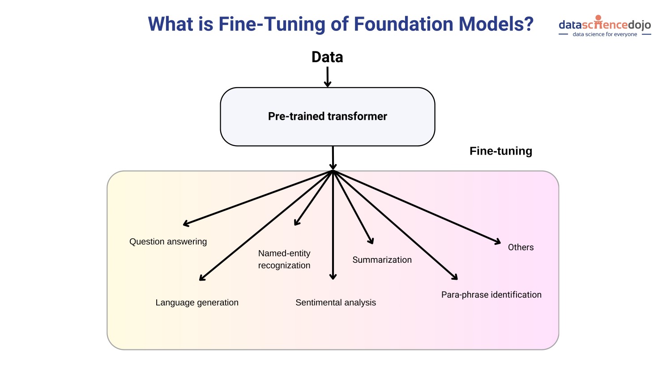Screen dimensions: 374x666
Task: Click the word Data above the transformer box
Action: click(x=327, y=57)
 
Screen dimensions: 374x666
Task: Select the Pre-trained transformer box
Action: click(x=327, y=117)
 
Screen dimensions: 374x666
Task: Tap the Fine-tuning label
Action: click(x=500, y=151)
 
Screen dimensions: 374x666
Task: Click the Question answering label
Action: click(x=168, y=242)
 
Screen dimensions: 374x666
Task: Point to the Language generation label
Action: click(x=197, y=303)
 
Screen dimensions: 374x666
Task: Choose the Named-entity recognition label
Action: click(x=284, y=259)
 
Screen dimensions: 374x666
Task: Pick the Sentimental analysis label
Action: click(x=336, y=303)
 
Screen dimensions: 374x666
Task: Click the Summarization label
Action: click(x=382, y=260)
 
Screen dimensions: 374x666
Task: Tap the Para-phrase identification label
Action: click(x=491, y=295)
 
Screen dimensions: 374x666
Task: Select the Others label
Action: click(x=521, y=248)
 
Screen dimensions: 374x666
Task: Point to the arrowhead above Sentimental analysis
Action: click(x=333, y=277)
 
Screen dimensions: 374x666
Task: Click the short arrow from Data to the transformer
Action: click(x=328, y=76)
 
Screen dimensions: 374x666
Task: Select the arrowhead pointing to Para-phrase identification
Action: click(x=455, y=277)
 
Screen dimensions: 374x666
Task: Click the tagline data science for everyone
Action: click(x=605, y=34)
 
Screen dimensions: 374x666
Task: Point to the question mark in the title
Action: click(x=529, y=24)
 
